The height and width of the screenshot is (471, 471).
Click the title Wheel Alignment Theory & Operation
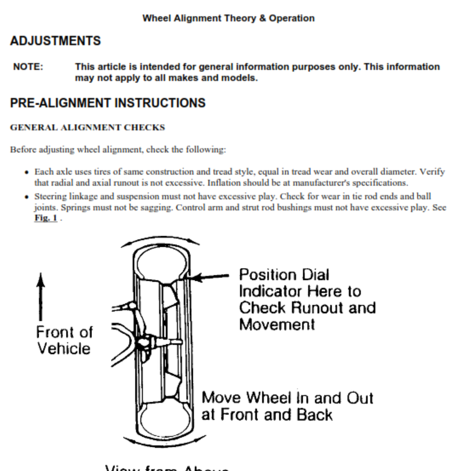(228, 18)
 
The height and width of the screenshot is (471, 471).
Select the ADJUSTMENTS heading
(55, 41)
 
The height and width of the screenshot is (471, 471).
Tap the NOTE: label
(28, 67)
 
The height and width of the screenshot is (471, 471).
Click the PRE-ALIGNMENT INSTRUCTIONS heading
(108, 103)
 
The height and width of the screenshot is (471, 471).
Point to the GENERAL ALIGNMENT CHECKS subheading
(88, 128)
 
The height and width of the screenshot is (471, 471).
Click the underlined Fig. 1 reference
(46, 219)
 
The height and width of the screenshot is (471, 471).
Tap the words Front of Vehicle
(64, 340)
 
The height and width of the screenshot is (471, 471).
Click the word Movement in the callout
(277, 325)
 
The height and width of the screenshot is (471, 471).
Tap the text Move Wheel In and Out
(287, 398)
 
